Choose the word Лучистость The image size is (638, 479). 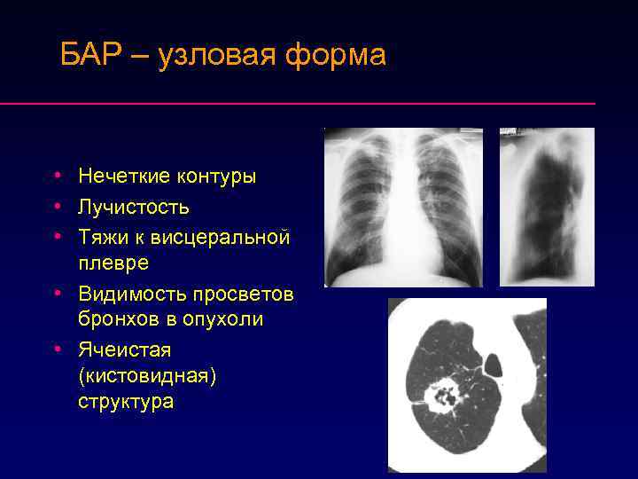coord(133,207)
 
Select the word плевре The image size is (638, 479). coord(113,263)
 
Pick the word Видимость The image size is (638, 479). coord(132,293)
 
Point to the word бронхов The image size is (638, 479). coord(115,318)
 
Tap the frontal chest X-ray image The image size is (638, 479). coord(403,207)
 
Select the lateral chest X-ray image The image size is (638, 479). coord(547,207)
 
